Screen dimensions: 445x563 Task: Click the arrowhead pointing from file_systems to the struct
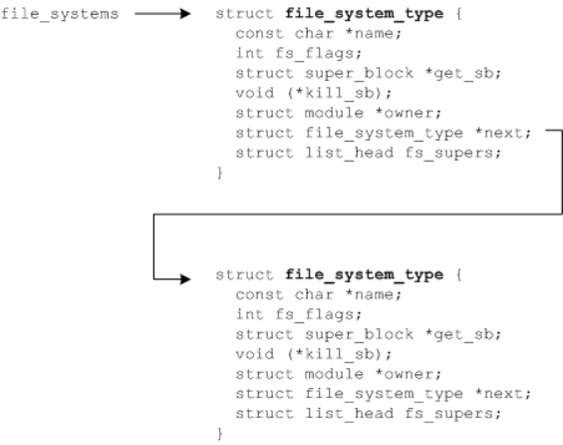click(x=184, y=17)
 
